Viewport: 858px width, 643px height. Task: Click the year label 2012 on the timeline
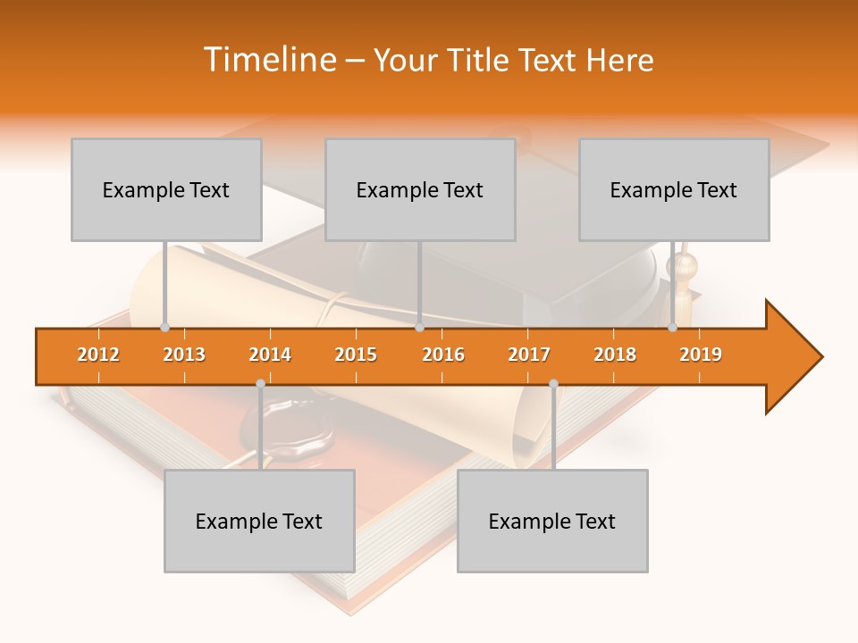coord(98,355)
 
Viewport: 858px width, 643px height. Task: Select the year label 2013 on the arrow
coord(184,355)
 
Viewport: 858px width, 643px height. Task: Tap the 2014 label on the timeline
coord(270,355)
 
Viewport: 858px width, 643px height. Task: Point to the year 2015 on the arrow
coord(356,355)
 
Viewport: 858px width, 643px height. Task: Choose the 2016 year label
coord(443,355)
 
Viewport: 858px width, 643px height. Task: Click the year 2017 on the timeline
coord(529,355)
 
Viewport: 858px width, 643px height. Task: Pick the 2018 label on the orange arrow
coord(615,355)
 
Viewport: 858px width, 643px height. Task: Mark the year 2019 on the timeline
coord(701,355)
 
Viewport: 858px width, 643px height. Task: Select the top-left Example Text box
coord(166,189)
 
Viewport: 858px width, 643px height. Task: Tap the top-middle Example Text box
coord(420,189)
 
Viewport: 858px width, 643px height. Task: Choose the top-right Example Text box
coord(674,189)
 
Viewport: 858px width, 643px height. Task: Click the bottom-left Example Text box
coord(259,521)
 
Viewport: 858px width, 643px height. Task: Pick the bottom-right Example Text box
coord(552,521)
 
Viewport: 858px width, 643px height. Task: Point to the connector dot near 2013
coord(164,327)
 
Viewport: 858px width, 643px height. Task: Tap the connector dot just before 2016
coord(419,327)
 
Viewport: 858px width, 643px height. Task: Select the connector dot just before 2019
coord(673,327)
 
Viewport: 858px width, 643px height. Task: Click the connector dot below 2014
coord(260,384)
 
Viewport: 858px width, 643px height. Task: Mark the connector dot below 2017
coord(553,384)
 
